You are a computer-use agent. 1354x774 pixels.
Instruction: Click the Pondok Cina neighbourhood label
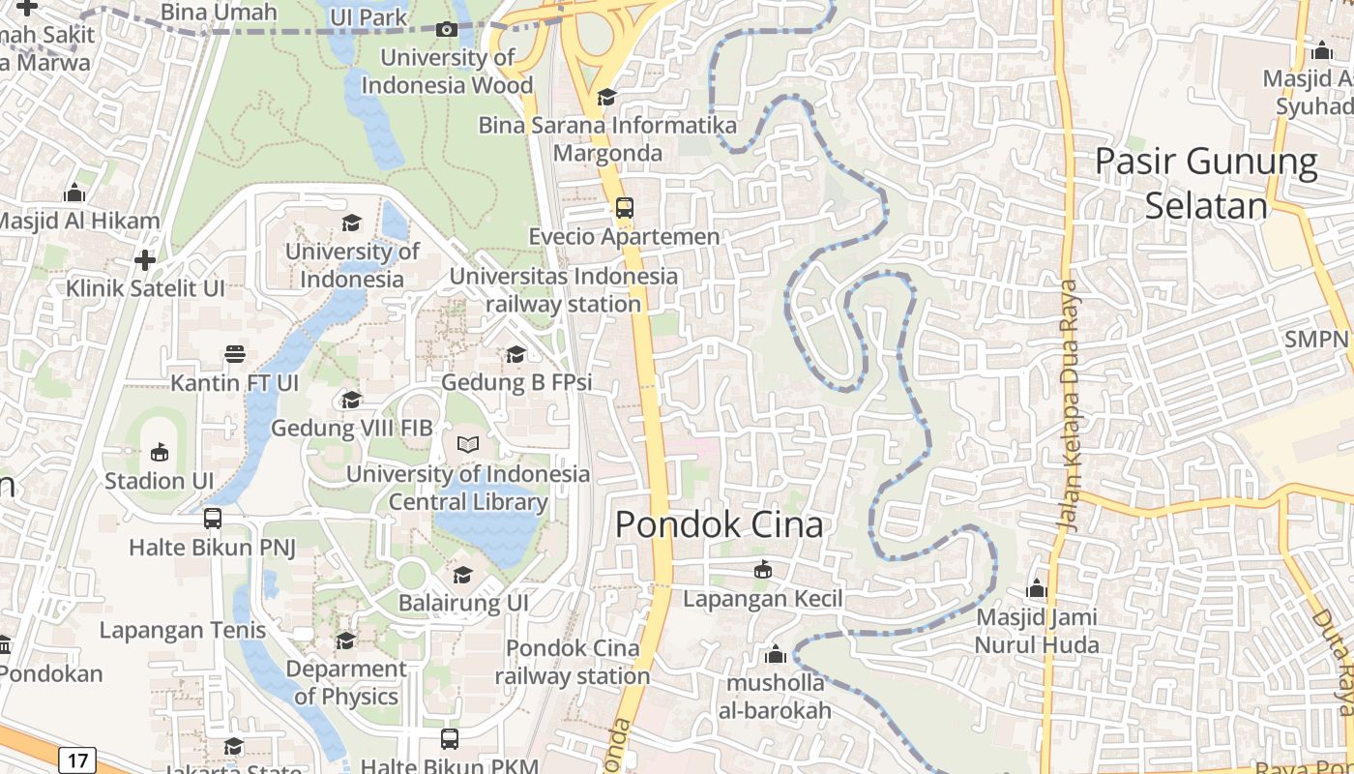tap(719, 524)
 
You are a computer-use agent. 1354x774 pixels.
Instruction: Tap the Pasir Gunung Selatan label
tap(1206, 183)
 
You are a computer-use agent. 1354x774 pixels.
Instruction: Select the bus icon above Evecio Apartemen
tap(625, 207)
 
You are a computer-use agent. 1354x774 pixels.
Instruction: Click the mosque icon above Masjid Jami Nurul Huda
tap(1037, 588)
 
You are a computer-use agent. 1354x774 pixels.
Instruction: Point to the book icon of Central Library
tap(468, 444)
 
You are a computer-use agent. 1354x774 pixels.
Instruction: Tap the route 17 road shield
tap(76, 759)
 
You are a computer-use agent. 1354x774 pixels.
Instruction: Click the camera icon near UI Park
tap(446, 29)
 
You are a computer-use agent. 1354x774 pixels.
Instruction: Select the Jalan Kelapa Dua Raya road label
tap(1069, 406)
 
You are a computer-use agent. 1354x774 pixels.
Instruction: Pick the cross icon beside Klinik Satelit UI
tap(145, 259)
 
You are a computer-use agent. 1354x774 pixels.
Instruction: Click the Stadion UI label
tap(159, 481)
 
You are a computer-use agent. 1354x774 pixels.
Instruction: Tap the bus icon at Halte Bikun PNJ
tap(213, 519)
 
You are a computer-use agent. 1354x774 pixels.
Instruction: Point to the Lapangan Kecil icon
tap(763, 569)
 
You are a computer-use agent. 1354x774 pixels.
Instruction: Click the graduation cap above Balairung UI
tap(463, 575)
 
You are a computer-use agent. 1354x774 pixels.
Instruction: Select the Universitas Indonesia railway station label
tap(563, 290)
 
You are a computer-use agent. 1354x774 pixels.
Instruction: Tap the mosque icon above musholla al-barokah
tap(775, 655)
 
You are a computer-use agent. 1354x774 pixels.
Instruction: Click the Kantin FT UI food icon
tap(234, 354)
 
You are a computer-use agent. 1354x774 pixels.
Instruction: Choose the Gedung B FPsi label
tap(516, 382)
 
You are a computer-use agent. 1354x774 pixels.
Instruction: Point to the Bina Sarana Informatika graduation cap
tap(606, 97)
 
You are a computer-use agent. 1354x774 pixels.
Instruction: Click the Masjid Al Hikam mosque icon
tap(74, 193)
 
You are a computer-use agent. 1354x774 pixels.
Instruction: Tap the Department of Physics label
tap(346, 682)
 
